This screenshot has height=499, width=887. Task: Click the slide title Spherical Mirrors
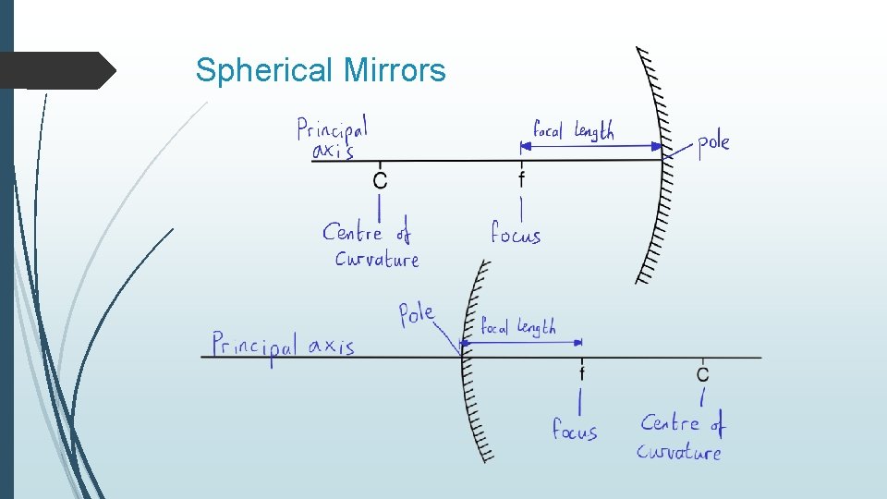coord(321,70)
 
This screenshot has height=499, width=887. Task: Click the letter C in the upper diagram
coord(380,180)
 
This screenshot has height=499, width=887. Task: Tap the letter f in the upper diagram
coord(522,178)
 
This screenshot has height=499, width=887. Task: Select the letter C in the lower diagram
coord(703,374)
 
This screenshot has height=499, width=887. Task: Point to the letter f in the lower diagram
coord(582,373)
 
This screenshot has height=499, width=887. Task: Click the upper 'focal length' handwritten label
coord(573,130)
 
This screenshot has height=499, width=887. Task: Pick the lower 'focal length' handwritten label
coord(518,326)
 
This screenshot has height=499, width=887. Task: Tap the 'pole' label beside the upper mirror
coord(712,143)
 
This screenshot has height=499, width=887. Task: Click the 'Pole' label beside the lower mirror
coord(417,314)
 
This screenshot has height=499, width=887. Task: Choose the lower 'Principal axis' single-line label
coord(283,347)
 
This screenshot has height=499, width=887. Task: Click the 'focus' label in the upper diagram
coord(516,234)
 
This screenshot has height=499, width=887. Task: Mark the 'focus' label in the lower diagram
coord(575,430)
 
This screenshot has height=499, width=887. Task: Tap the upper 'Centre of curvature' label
coord(371,245)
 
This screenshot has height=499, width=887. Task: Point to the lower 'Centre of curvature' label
coord(681,437)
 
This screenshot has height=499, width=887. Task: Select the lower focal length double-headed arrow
coord(522,343)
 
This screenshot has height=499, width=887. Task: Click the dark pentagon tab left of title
coord(55,70)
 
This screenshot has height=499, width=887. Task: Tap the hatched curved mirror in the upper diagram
coord(662,166)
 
